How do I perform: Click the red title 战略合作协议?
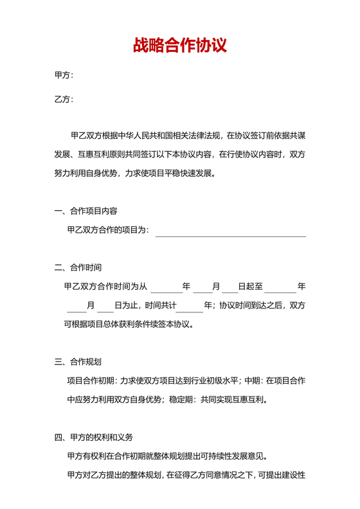point(179,46)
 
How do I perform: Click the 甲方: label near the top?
point(64,75)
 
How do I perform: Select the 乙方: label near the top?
point(64,99)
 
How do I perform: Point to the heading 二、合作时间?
point(78,267)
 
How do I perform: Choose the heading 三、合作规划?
point(78,362)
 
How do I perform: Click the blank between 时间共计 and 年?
point(189,305)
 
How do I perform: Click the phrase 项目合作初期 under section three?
point(90,381)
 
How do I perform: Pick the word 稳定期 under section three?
point(183,400)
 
